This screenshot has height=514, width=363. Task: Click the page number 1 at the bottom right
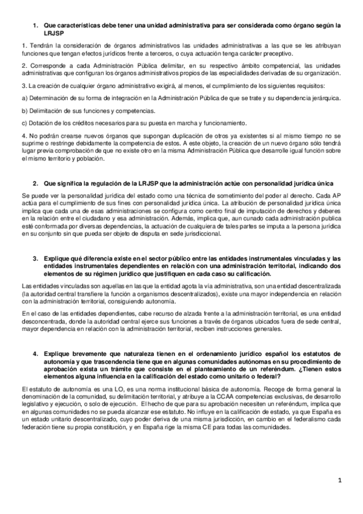coord(340,481)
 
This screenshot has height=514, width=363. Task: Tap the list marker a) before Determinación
coord(24,98)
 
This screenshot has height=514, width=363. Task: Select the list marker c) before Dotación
coord(24,122)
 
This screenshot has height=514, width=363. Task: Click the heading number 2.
coord(35,182)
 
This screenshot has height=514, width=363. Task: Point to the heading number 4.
coord(35,353)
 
